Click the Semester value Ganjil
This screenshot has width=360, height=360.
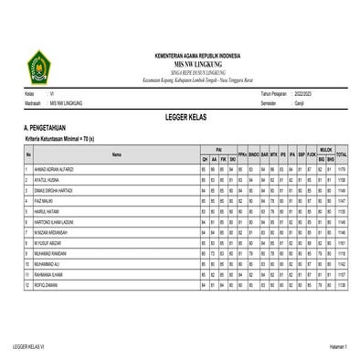[x=291, y=103]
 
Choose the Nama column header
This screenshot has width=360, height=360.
[x=116, y=154]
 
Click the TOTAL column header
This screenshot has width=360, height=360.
[x=342, y=154]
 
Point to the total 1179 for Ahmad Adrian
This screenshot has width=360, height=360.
[x=342, y=169]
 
